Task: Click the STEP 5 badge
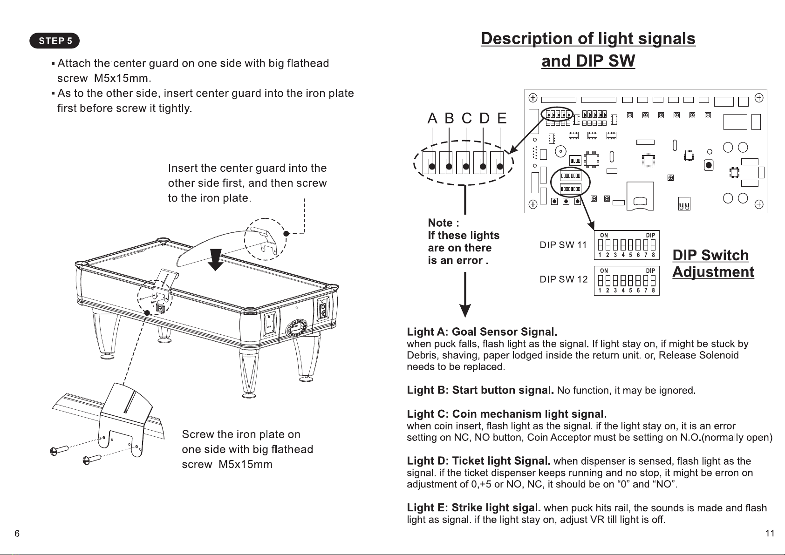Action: pyautogui.click(x=55, y=41)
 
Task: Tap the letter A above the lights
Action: pyautogui.click(x=432, y=118)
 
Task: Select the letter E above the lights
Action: pyautogui.click(x=502, y=118)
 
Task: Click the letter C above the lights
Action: pyautogui.click(x=467, y=118)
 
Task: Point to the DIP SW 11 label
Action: pyautogui.click(x=563, y=245)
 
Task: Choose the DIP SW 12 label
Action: pyautogui.click(x=564, y=279)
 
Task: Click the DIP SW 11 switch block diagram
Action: pyautogui.click(x=627, y=245)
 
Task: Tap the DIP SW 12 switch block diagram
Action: pyautogui.click(x=627, y=280)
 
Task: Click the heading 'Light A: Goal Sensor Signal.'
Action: pyautogui.click(x=482, y=332)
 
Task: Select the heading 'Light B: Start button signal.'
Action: pyautogui.click(x=480, y=390)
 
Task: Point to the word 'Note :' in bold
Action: pyautogui.click(x=444, y=223)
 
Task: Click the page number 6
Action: pyautogui.click(x=17, y=533)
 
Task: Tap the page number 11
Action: pyautogui.click(x=770, y=533)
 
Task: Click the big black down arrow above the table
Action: pyautogui.click(x=216, y=260)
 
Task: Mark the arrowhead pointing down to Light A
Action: pyautogui.click(x=465, y=311)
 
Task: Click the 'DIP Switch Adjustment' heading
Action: pyautogui.click(x=714, y=264)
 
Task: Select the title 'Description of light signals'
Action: pyautogui.click(x=588, y=39)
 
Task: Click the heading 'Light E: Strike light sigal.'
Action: pyautogui.click(x=474, y=508)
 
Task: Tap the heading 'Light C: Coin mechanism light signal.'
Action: pyautogui.click(x=507, y=414)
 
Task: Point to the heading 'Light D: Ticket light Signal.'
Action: pyautogui.click(x=479, y=461)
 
